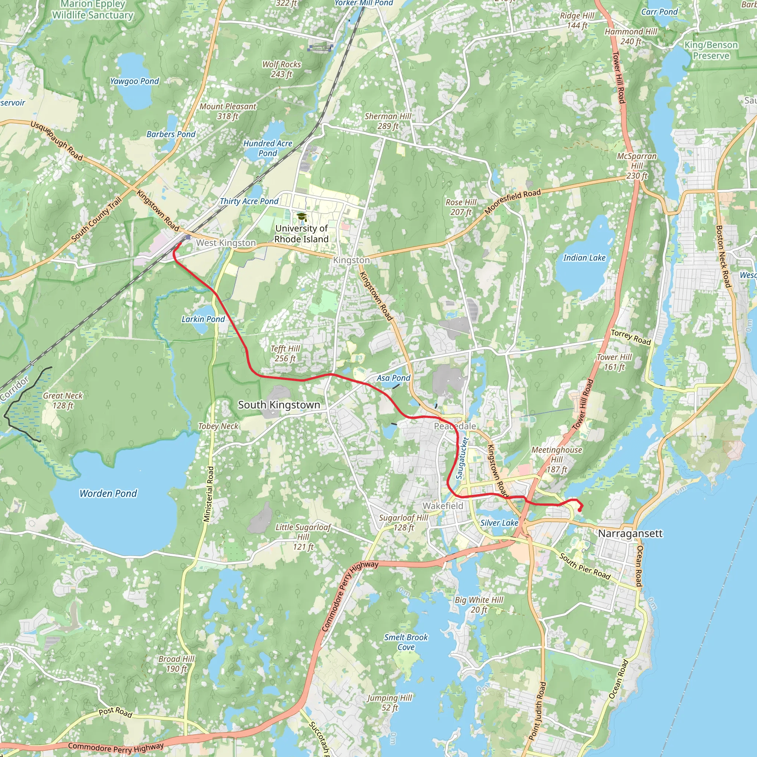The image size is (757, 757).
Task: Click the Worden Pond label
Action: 108,493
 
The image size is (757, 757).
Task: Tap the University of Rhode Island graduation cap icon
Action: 301,217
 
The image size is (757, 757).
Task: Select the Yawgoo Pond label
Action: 135,81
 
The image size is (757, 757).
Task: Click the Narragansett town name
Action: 630,534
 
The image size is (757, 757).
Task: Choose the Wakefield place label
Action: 443,506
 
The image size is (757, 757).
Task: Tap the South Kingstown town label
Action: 279,405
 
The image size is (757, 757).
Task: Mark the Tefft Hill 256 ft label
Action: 285,353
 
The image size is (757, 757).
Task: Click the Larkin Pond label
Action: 203,319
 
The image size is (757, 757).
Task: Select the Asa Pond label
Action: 393,378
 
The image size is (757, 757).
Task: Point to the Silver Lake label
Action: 499,523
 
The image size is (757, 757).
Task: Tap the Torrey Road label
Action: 631,337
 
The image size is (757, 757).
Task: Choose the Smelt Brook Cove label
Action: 406,642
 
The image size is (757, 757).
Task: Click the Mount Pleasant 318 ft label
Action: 228,111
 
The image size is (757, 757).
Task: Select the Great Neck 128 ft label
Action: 63,400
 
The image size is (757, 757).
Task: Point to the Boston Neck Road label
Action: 723,256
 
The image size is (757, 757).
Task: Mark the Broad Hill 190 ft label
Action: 176,664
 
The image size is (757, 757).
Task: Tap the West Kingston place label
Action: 226,242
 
